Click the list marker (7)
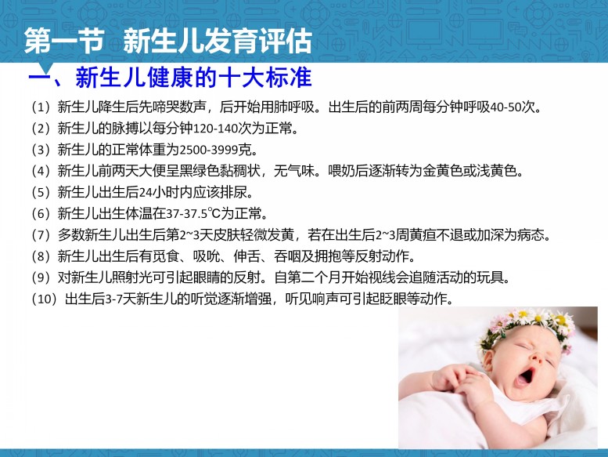pos(41,235)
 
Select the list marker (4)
pos(41,171)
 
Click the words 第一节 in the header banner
pos(63,41)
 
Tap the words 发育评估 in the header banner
pos(257,41)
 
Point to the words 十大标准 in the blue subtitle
pos(264,78)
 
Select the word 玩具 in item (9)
pos(491,277)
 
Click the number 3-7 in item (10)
pos(113,299)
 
